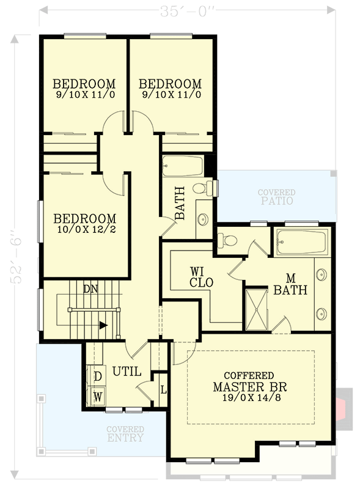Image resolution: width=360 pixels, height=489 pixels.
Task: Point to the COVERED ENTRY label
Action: click(125, 434)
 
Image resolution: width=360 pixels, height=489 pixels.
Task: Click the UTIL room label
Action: click(127, 371)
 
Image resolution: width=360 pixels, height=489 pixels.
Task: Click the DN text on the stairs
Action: click(89, 287)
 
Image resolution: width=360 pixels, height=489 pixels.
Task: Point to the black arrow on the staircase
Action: click(104, 325)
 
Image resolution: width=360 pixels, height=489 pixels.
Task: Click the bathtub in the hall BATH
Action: click(183, 166)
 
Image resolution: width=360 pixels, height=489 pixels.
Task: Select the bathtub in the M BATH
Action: click(302, 241)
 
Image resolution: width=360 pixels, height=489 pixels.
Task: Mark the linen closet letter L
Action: click(163, 389)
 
